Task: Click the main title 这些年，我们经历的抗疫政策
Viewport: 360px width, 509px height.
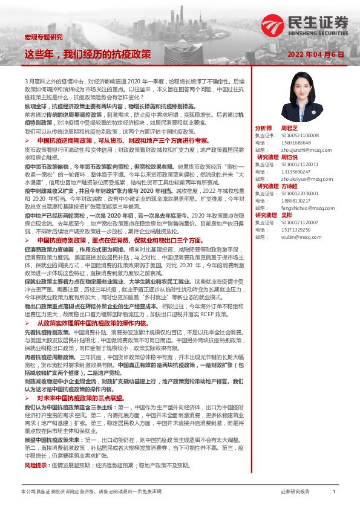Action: (88, 54)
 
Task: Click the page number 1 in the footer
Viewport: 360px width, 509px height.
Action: (334, 493)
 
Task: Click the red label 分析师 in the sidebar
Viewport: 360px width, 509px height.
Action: (264, 128)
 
